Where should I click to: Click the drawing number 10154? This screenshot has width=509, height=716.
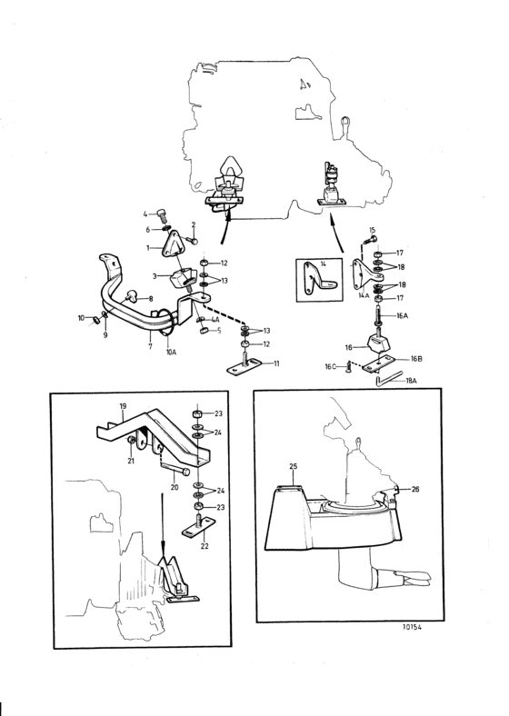coord(412,627)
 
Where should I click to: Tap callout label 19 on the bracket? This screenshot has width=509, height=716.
coord(123,406)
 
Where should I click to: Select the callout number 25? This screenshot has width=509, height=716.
coord(294,466)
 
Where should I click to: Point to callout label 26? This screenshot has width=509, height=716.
coord(414,489)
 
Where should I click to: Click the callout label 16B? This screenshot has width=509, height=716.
coord(415,359)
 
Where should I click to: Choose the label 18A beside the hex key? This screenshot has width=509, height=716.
coord(411,380)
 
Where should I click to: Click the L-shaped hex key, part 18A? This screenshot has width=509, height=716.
coord(387,379)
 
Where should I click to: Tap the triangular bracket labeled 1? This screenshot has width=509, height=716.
coord(175,246)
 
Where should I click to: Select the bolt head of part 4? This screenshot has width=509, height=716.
coord(163,213)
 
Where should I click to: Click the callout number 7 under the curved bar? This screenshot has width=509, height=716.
coord(150,346)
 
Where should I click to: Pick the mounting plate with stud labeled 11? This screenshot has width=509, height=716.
coord(245,365)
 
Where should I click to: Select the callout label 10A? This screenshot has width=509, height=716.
coord(171,353)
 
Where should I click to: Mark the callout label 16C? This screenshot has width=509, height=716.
coord(330,367)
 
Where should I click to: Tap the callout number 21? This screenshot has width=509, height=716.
coord(131,462)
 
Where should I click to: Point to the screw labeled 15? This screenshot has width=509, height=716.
coord(369,240)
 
